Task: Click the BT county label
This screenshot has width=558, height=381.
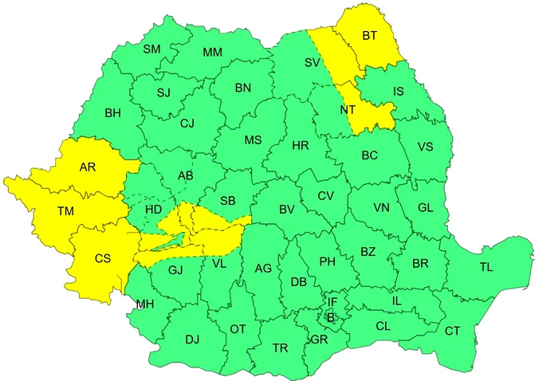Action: pos(370,36)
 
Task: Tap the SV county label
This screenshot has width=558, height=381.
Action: pos(312,61)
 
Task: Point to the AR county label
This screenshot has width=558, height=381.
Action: pos(88,167)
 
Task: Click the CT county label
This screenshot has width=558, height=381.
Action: pos(452,330)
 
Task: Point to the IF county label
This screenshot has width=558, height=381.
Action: pos(333,301)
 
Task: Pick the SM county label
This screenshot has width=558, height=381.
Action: pos(151,49)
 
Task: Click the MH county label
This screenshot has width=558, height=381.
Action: pos(145,304)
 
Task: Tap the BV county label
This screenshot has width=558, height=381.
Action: pos(287,210)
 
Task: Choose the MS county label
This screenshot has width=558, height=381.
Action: pos(253,140)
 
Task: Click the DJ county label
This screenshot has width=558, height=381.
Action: pos(192,340)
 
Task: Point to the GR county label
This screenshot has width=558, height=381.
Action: pos(319,339)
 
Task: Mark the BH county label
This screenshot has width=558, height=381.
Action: pos(112,112)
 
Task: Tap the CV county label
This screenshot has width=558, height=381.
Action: pos(325,196)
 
